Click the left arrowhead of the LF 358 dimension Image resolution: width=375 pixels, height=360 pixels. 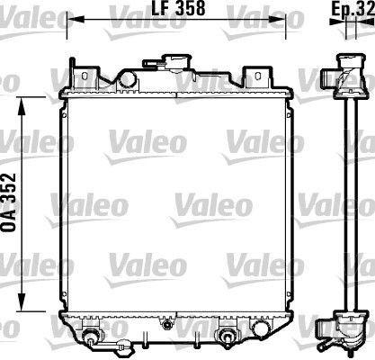pos(73,19)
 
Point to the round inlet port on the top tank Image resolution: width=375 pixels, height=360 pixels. pos(128,79)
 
